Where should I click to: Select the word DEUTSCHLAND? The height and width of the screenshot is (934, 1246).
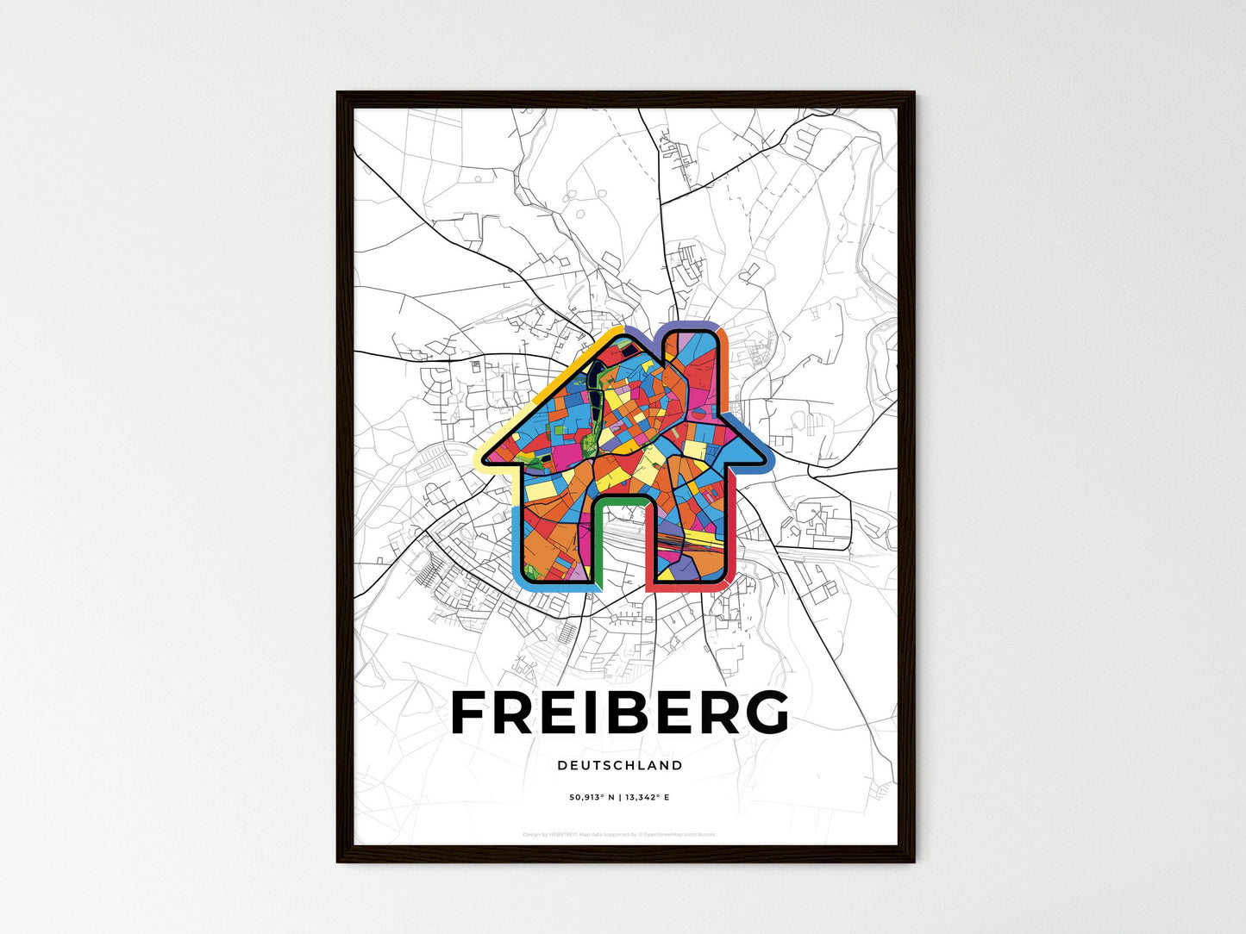coord(620,765)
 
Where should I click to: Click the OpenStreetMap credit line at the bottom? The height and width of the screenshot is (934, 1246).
coord(620,834)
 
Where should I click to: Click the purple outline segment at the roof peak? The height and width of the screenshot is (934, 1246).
coord(642,333)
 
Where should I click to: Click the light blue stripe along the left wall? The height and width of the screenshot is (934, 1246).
coord(517,543)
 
